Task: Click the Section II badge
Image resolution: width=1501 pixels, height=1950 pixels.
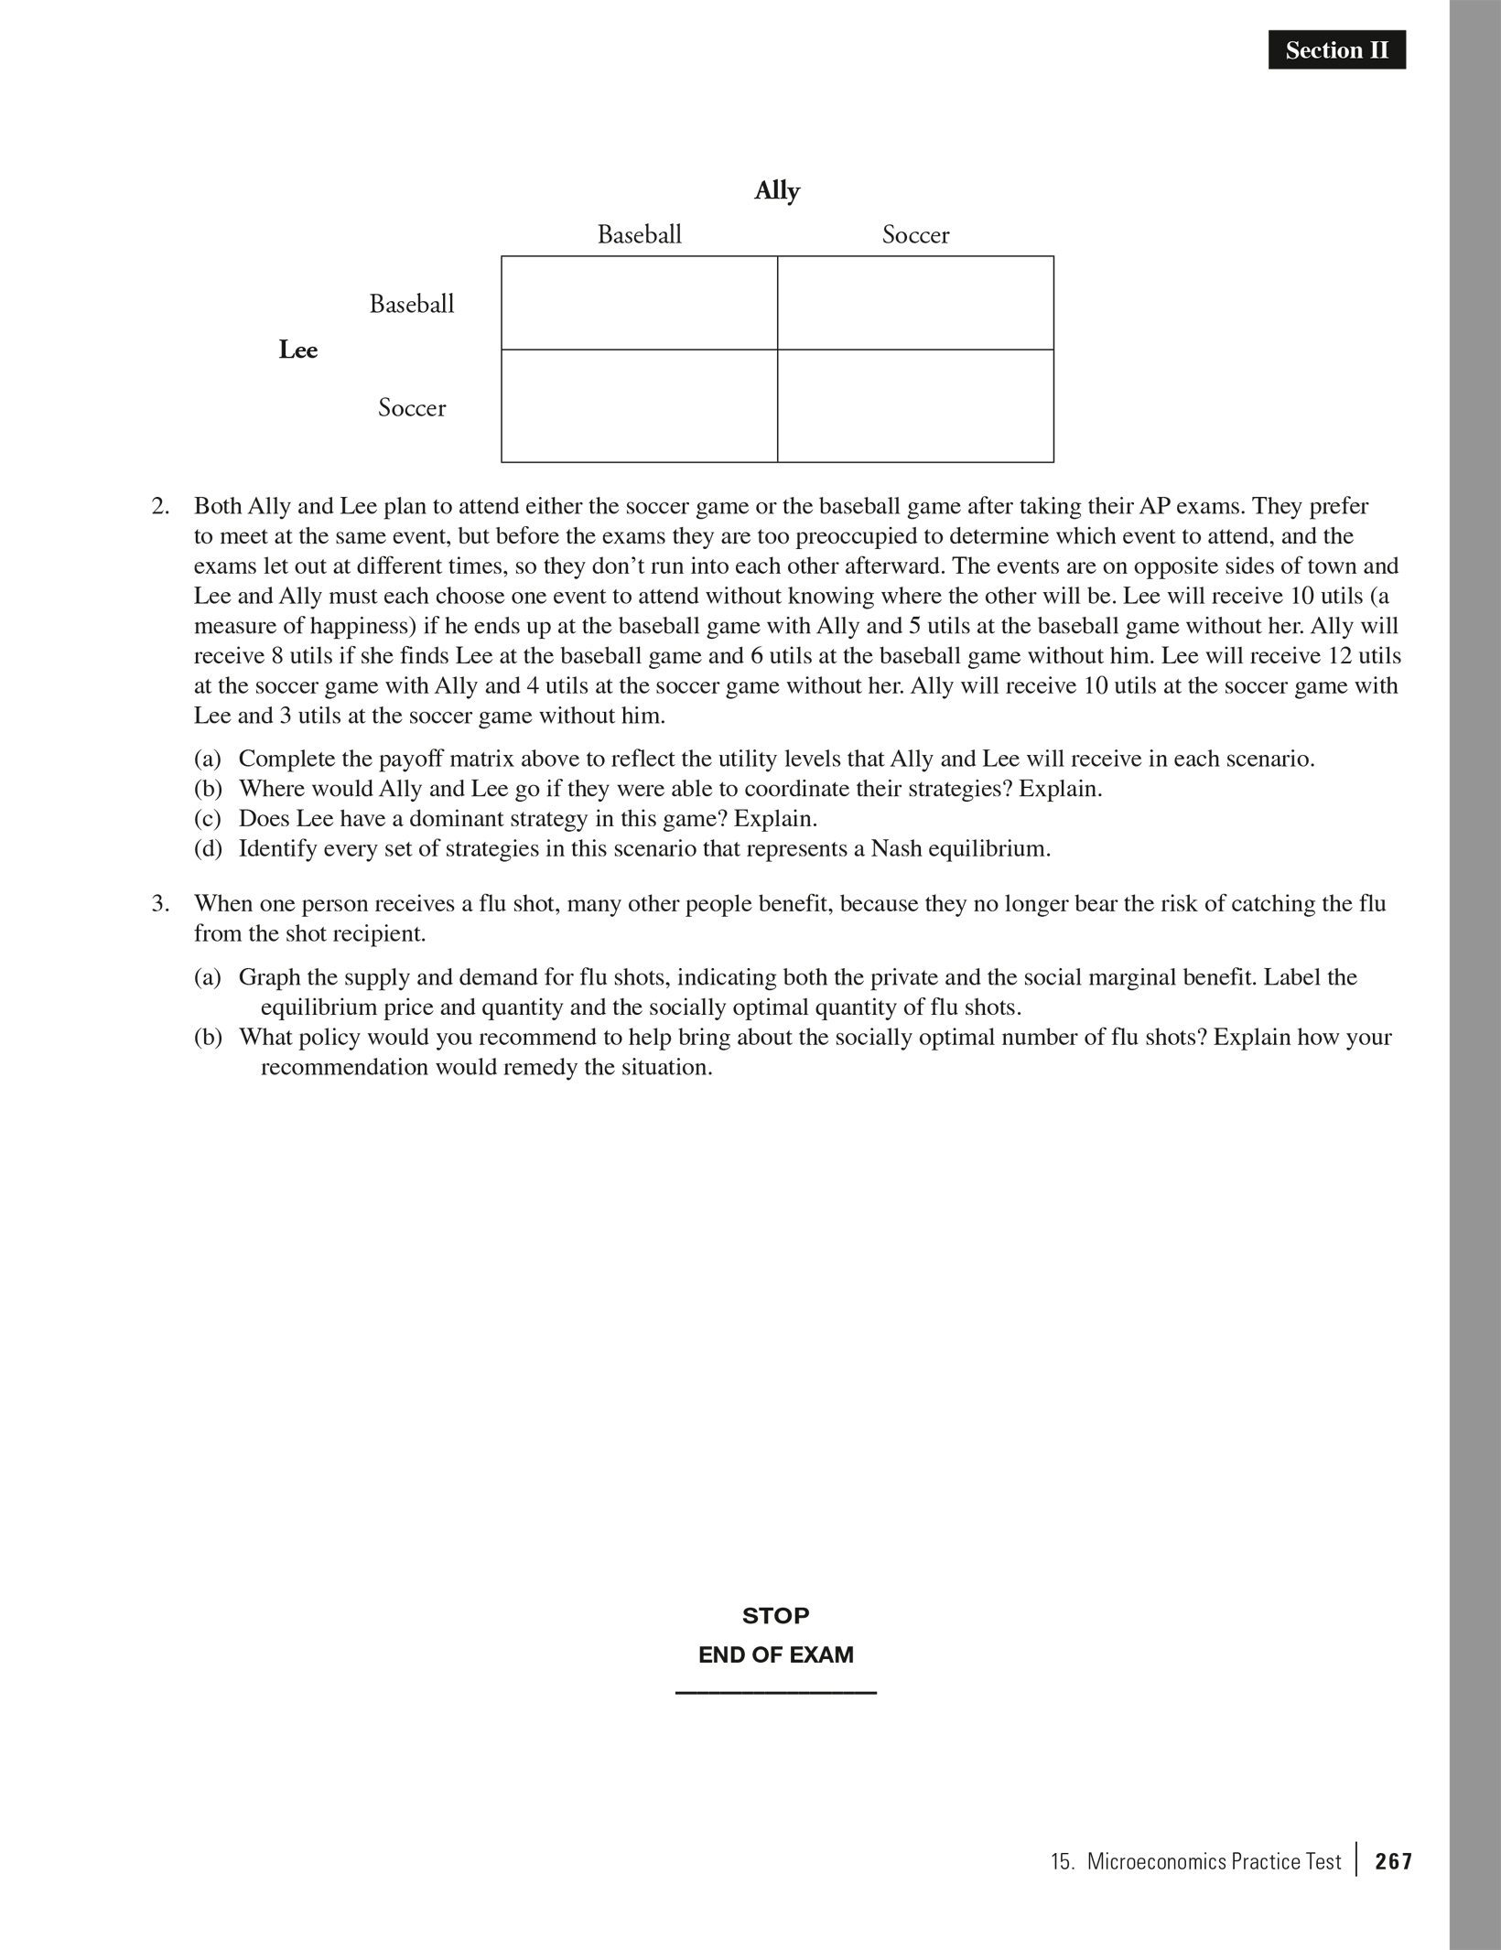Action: pos(1336,50)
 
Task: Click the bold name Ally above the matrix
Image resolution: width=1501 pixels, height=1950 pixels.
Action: pos(777,191)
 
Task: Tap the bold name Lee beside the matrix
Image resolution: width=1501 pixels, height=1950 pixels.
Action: pos(297,350)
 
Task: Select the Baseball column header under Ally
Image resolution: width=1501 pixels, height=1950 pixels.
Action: pos(639,235)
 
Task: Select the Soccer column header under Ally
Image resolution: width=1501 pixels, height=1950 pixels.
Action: pos(915,235)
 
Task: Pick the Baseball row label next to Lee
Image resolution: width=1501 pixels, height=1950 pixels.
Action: pos(412,304)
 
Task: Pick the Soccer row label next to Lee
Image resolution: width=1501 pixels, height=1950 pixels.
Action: pos(412,407)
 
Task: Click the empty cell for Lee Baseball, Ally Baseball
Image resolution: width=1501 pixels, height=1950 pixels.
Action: pos(639,303)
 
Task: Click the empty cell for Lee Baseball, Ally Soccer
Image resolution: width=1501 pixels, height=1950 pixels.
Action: pos(915,303)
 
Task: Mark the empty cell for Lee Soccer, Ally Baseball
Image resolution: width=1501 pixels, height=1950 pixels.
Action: pos(639,406)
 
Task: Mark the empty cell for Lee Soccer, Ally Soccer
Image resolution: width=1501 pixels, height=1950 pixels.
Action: pos(915,406)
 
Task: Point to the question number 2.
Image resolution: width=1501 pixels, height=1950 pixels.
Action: pos(160,506)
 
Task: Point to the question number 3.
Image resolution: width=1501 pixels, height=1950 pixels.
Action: pos(160,904)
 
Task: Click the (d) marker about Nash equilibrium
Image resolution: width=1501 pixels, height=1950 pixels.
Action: pos(208,848)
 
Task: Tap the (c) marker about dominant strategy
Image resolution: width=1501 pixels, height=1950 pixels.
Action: pos(208,818)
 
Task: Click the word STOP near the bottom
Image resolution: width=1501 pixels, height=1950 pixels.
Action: pos(775,1616)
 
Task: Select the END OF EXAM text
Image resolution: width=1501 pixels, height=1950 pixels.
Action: pos(775,1654)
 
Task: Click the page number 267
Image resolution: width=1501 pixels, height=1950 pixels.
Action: pos(1393,1861)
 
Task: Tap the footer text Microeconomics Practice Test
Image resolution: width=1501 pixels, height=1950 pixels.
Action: pos(1213,1861)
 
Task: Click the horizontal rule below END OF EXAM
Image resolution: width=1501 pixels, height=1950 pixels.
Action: pos(775,1693)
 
